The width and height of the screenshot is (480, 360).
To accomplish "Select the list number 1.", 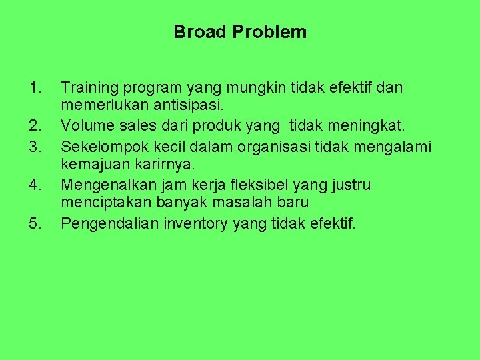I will tap(35, 87).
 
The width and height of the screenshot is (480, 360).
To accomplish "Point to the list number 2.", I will tap(35, 123).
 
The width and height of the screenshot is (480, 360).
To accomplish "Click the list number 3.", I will tap(35, 146).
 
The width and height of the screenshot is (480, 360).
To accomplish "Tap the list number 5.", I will tap(35, 223).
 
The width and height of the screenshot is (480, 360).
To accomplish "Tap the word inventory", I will tap(195, 223).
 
